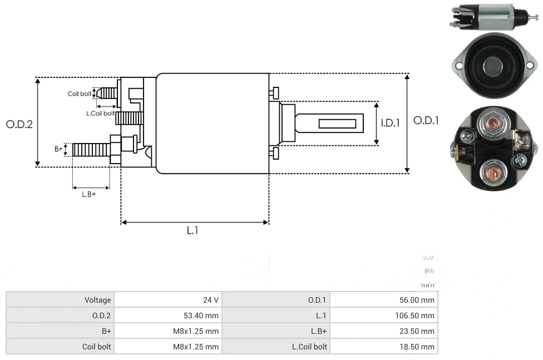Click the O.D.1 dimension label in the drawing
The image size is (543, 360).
(426, 120)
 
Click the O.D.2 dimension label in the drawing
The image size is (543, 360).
(19, 124)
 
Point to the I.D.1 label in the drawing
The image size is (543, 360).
(390, 123)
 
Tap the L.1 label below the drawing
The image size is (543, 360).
(192, 230)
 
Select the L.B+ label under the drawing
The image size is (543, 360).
(88, 194)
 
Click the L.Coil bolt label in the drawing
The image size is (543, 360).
(100, 113)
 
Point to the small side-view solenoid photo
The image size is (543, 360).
(492, 17)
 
